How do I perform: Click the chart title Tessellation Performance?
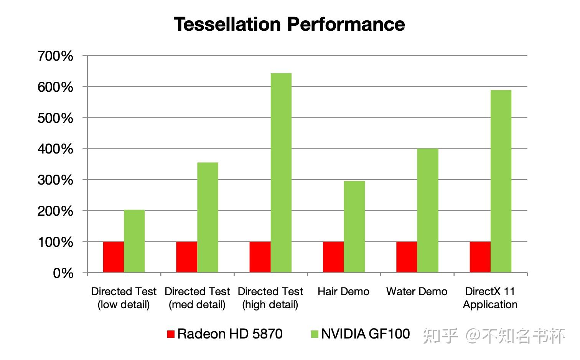pos(289,24)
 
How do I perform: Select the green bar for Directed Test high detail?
pos(281,173)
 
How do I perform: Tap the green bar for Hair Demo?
pos(354,226)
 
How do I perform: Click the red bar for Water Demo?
pos(407,257)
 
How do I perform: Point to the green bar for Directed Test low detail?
pos(134,241)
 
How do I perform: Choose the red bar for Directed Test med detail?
pos(186,257)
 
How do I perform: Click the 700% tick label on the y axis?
pos(55,56)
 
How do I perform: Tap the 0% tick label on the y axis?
pos(63,273)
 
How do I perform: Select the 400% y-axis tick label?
pos(55,149)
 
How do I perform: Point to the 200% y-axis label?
pos(55,211)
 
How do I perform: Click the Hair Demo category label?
pos(343,291)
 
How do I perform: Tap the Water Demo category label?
pos(417,291)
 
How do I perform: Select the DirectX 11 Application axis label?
pos(490,298)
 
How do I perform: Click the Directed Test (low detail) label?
pos(124,298)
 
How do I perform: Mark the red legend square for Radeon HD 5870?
pos(171,334)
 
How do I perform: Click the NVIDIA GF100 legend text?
pos(365,334)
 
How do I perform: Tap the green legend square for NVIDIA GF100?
pos(315,334)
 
